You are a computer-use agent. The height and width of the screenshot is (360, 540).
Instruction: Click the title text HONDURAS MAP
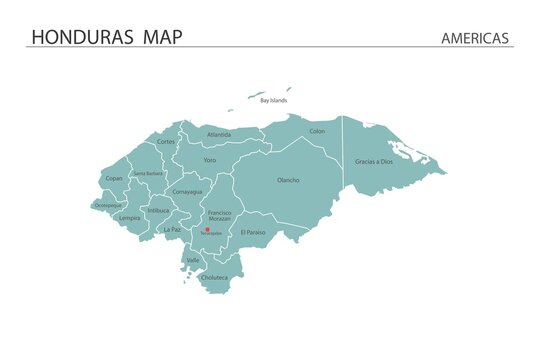(x=107, y=37)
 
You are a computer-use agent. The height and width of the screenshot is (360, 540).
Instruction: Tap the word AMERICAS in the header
(x=475, y=38)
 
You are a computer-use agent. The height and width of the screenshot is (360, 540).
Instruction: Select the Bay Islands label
(x=273, y=101)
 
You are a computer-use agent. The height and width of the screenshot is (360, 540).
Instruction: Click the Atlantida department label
(x=219, y=134)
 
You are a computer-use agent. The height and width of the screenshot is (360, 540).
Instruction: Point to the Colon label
(x=317, y=131)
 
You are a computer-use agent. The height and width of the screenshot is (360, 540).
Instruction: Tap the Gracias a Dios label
(x=372, y=161)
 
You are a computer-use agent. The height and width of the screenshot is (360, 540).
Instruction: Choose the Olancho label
(x=288, y=180)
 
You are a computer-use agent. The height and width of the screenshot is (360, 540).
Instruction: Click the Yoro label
(x=209, y=160)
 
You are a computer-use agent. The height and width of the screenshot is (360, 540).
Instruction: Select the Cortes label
(x=166, y=142)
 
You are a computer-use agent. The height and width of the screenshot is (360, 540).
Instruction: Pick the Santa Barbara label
(x=148, y=173)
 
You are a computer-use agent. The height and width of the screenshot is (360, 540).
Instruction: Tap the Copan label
(x=114, y=179)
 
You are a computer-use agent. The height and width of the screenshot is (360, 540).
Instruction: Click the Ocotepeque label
(x=107, y=205)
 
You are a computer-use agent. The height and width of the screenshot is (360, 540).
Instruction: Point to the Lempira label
(x=130, y=217)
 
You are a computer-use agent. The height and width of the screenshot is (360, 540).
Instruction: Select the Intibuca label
(x=159, y=211)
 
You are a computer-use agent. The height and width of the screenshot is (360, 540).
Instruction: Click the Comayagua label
(x=187, y=191)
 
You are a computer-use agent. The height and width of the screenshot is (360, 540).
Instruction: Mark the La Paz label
(x=173, y=229)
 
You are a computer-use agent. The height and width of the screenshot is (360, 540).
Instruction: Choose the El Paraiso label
(x=254, y=232)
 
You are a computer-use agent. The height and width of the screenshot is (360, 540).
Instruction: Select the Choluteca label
(x=214, y=277)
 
